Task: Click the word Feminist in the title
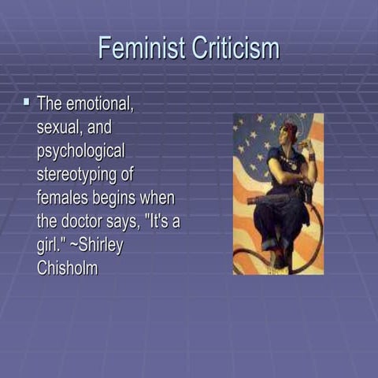click(139, 48)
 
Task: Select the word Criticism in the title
click(235, 48)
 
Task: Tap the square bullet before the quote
click(26, 102)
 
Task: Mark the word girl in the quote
click(49, 244)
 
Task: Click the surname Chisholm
click(69, 267)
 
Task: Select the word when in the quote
click(161, 198)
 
